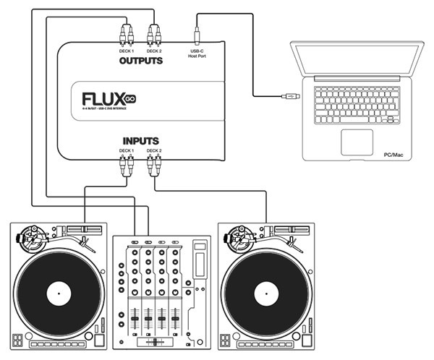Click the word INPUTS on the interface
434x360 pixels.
click(x=140, y=140)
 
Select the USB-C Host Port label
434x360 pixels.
click(x=197, y=53)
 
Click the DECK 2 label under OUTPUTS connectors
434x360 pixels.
click(x=153, y=51)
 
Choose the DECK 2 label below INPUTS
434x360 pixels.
click(x=153, y=150)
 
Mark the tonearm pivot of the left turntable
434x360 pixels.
click(x=30, y=236)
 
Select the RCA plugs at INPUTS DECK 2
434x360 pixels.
click(x=153, y=166)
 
